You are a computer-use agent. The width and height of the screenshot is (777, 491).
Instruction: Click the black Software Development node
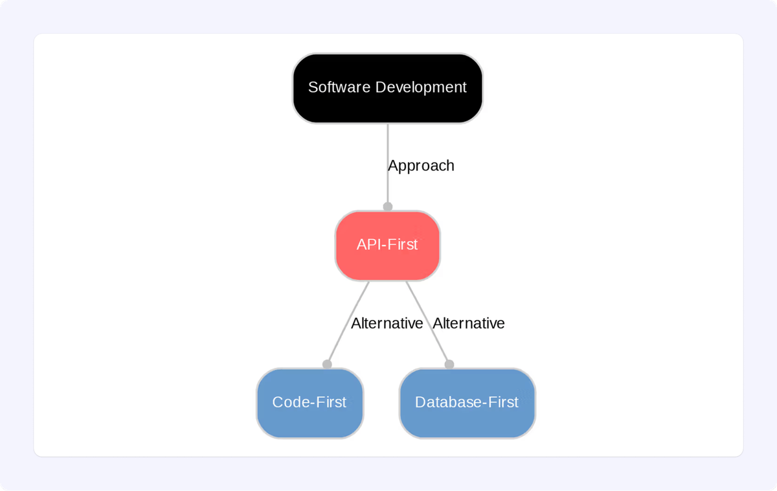click(x=387, y=88)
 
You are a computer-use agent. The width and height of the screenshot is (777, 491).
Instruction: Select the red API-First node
click(x=387, y=245)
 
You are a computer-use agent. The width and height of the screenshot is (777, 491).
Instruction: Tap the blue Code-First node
click(x=310, y=403)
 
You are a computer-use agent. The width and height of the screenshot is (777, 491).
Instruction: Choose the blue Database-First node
click(x=467, y=403)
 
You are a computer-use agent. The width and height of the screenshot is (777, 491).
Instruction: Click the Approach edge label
click(x=421, y=166)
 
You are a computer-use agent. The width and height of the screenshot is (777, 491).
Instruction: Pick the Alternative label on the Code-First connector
click(x=387, y=323)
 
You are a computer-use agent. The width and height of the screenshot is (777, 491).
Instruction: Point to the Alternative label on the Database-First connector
click(x=468, y=323)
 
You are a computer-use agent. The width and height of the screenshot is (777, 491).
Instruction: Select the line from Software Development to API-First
click(x=387, y=165)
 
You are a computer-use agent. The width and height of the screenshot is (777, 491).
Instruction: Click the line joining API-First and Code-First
click(x=348, y=323)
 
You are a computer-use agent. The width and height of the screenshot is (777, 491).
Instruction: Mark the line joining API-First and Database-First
click(x=427, y=323)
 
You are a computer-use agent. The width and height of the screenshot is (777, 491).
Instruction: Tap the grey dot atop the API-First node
click(x=387, y=207)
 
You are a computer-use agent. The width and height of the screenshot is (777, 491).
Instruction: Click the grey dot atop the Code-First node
click(x=327, y=364)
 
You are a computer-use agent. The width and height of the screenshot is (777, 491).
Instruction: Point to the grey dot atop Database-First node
click(x=449, y=364)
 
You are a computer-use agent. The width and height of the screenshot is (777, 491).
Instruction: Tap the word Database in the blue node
click(x=448, y=402)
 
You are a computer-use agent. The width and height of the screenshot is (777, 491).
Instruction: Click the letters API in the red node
click(x=368, y=245)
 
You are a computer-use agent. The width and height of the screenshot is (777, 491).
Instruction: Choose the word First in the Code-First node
click(x=331, y=402)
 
